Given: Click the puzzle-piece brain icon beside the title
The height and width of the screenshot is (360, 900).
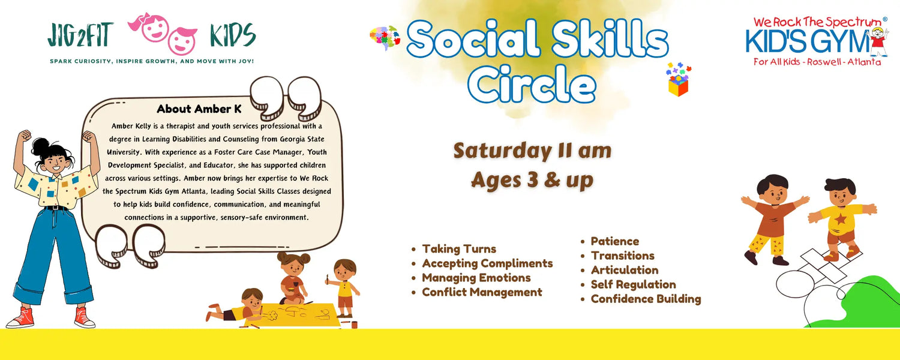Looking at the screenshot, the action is pos(385,38).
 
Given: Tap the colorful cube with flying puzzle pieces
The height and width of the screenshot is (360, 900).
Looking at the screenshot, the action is pos(679,80).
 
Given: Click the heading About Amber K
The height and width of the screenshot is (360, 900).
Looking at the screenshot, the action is pos(199,109).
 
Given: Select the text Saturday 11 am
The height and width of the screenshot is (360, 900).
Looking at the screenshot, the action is pos(532,151).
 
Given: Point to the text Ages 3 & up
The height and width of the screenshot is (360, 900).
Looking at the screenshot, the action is pos(532,181).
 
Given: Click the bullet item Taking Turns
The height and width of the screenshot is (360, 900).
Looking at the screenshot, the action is pos(459,249).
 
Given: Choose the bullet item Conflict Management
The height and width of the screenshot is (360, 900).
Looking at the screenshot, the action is pos(482,292).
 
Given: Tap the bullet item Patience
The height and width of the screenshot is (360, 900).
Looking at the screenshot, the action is pos(615,241).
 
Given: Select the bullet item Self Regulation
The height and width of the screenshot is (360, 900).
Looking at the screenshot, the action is pos(633,284).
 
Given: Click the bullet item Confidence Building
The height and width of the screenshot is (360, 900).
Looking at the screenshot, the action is pos(646,299).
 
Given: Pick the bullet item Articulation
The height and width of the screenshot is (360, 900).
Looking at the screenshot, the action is pos(625,270).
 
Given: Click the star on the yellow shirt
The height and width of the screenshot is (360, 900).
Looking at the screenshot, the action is pos(840,220).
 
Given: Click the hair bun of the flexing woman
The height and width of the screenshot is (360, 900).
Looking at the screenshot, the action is pos(41,146).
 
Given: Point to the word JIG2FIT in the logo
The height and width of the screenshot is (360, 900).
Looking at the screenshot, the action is pos(80,35).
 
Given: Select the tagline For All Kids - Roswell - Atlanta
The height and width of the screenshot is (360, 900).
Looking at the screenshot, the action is pos(817,62).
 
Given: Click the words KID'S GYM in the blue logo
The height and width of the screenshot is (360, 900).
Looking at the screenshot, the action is pos(808,41).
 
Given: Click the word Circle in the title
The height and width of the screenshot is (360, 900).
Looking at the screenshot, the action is pos(531,84).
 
